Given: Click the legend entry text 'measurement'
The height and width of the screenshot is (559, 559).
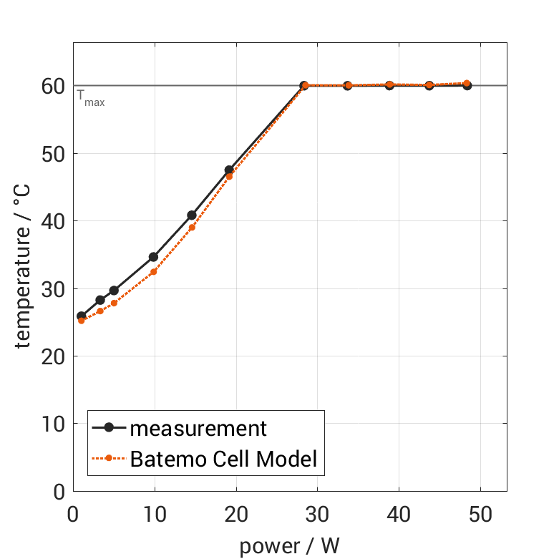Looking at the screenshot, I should point(198,429).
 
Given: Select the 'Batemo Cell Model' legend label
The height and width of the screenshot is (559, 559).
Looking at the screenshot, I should point(223,458).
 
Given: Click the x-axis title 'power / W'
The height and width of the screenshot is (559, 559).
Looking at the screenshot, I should point(289,546).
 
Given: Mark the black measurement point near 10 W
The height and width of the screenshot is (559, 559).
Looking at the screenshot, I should point(153,256).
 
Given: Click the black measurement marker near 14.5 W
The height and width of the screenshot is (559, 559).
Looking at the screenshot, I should point(192,215).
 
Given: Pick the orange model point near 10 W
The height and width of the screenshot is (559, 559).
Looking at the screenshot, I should point(153,271).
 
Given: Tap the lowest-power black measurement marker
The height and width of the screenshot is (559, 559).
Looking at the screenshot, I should point(81,316).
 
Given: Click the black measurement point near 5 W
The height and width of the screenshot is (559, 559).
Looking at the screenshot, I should point(114,290).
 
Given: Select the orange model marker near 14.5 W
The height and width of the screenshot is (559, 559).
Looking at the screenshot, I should point(192,227).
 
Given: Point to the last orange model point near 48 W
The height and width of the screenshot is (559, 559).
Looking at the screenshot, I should point(467,83).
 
